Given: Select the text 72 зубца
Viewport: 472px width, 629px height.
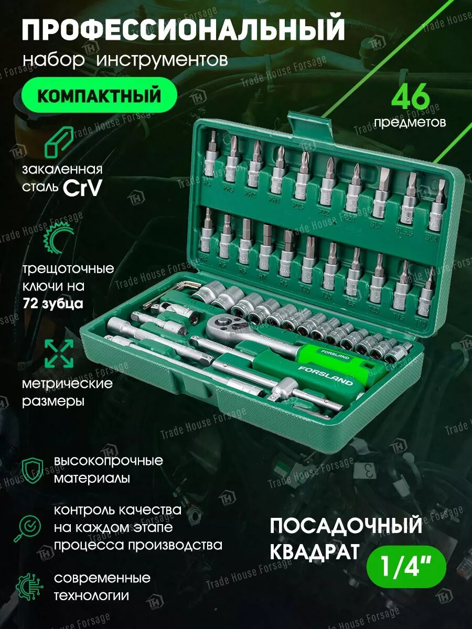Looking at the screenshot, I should (52, 303).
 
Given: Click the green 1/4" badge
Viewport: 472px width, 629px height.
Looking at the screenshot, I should (406, 569).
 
